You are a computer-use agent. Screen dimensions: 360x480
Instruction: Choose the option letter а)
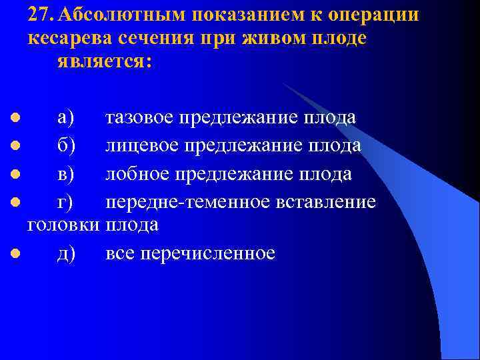pos(66,118)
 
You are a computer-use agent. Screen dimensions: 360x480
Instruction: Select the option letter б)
pos(66,145)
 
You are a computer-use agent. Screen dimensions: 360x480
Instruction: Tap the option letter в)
pos(66,173)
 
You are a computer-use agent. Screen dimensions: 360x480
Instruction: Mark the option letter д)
pos(66,253)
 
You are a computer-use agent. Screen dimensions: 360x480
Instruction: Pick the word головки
pos(64,225)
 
